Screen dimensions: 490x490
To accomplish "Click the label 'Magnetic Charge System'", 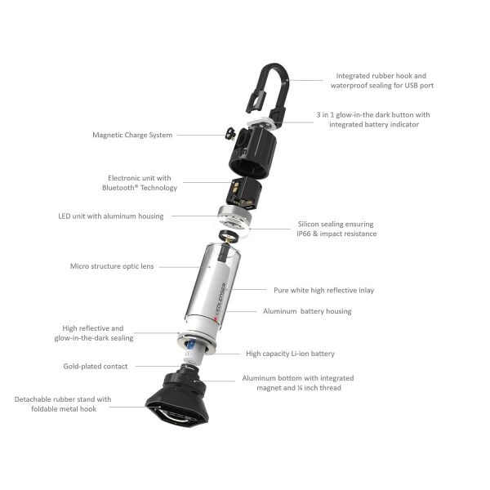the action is tap(132, 135).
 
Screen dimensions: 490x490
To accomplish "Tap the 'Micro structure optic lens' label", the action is tap(112, 266).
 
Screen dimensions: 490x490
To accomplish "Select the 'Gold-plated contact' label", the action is tap(96, 366).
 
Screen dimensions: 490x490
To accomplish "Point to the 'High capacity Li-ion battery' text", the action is tap(290, 354).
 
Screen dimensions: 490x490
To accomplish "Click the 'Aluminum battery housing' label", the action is tap(307, 311).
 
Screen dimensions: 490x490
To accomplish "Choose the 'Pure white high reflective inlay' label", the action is tap(323, 290).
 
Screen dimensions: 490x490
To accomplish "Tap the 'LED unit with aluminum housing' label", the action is tap(111, 216).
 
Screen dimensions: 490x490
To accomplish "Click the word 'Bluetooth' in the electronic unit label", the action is tap(118, 188).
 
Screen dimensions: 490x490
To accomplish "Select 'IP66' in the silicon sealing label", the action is tap(304, 234).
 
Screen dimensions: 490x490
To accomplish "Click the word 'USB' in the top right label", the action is tap(412, 85).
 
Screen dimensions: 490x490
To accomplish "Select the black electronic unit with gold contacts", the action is tap(244, 193).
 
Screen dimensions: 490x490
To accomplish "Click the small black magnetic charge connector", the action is tap(230, 133).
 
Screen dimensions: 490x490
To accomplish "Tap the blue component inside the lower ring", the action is tap(190, 345).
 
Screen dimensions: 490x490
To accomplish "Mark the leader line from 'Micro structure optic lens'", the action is tap(179, 267).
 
